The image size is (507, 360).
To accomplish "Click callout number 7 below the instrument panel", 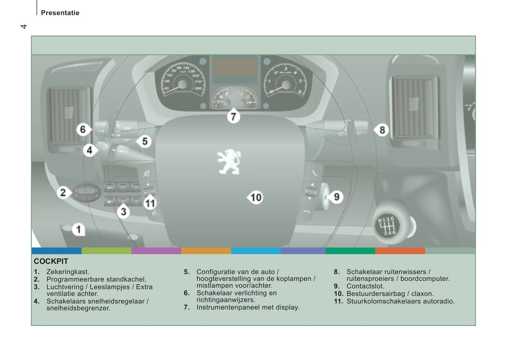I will pyautogui.click(x=233, y=116).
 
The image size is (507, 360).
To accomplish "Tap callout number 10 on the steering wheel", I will pyautogui.click(x=256, y=198).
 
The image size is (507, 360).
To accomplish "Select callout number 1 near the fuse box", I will pyautogui.click(x=79, y=230).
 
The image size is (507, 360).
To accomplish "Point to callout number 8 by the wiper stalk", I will pyautogui.click(x=382, y=130).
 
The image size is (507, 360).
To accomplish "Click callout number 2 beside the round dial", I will pyautogui.click(x=63, y=193).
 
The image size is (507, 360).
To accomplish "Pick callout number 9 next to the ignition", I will pyautogui.click(x=336, y=197).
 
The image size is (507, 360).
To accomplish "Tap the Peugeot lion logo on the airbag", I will pyautogui.click(x=229, y=162).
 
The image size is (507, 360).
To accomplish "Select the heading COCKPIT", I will pyautogui.click(x=51, y=261).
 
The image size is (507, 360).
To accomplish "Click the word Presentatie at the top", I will pyautogui.click(x=60, y=13).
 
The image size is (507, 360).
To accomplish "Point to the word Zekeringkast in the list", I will pyautogui.click(x=68, y=272).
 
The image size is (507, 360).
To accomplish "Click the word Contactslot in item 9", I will pyautogui.click(x=365, y=286).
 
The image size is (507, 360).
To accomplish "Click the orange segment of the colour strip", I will pyautogui.click(x=206, y=251).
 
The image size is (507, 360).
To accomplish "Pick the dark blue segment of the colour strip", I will pyautogui.click(x=56, y=251).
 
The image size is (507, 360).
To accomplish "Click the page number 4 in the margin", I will pyautogui.click(x=24, y=26).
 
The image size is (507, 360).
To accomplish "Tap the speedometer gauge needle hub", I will pyautogui.click(x=183, y=84).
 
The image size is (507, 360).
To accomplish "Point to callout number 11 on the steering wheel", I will pyautogui.click(x=150, y=204).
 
